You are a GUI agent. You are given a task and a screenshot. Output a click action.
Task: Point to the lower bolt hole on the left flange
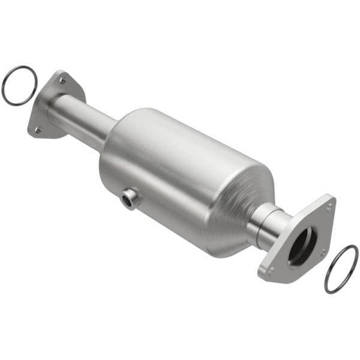37,130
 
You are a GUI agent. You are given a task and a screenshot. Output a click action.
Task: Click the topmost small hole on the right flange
329,206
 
